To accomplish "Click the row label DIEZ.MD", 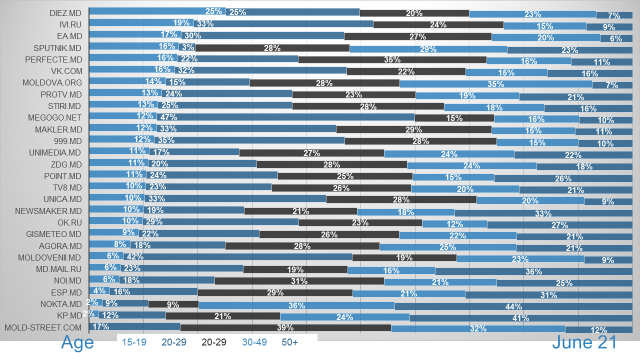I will pyautogui.click(x=65, y=12).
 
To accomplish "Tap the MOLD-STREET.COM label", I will pyautogui.click(x=42, y=328).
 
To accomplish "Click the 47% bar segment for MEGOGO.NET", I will pyautogui.click(x=285, y=117).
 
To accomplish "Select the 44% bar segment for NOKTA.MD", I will pyautogui.click(x=513, y=306).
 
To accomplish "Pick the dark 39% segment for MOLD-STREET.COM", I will pyautogui.click(x=285, y=328).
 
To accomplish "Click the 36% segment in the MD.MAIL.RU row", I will pyautogui.click(x=533, y=271).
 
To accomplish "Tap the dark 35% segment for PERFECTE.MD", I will pyautogui.click(x=392, y=59).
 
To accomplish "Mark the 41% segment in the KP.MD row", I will pyautogui.click(x=521, y=317).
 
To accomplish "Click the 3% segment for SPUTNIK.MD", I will pyautogui.click(x=187, y=48).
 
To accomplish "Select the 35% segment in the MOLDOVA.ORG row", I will pyautogui.click(x=495, y=83).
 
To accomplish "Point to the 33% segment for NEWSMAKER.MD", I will pyautogui.click(x=543, y=212).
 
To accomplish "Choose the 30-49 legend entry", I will pyautogui.click(x=254, y=342).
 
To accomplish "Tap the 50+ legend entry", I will pyautogui.click(x=289, y=342).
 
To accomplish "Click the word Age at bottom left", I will pyautogui.click(x=77, y=342).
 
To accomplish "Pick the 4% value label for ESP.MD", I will pyautogui.click(x=99, y=291).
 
